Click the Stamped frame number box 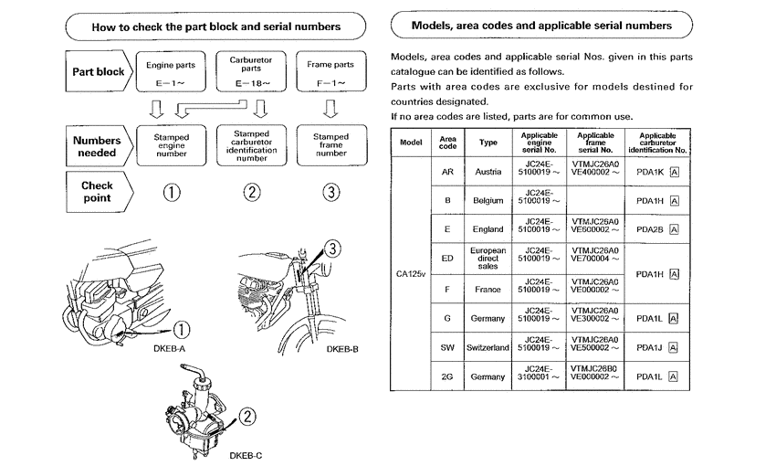[x=330, y=144]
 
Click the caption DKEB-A [x=171, y=348]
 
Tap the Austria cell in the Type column [x=488, y=171]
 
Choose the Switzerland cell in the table [x=488, y=348]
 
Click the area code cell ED [x=447, y=259]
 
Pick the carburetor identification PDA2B [x=649, y=229]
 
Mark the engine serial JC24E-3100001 [x=539, y=376]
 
